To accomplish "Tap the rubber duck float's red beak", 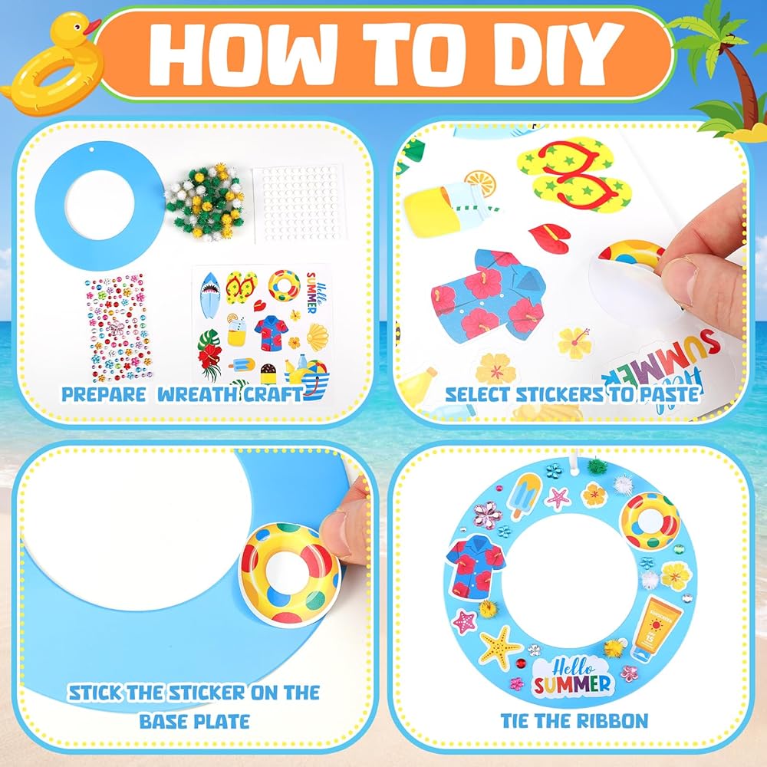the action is [91, 27].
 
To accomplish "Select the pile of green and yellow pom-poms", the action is [205, 202].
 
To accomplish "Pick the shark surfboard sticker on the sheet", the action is [210, 295].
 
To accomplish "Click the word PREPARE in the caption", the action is [104, 394].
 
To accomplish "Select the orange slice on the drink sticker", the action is [480, 183].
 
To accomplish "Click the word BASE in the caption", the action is [162, 722].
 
